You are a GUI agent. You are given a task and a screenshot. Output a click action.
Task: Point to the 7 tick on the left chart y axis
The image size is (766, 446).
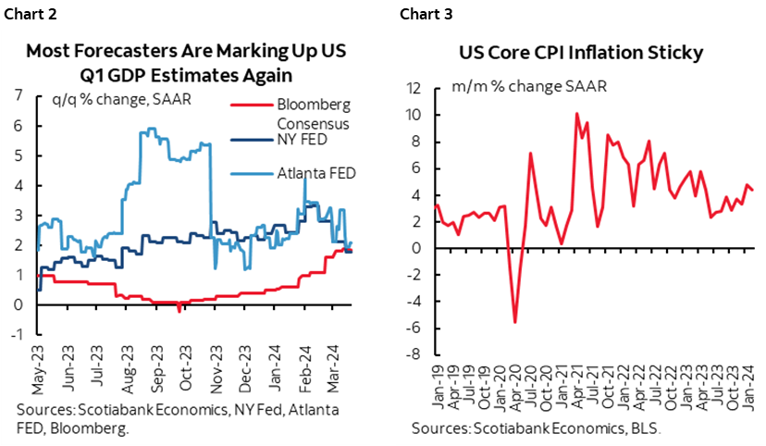tap(19, 94)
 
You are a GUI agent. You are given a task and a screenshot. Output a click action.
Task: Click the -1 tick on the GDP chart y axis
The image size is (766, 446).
tap(17, 334)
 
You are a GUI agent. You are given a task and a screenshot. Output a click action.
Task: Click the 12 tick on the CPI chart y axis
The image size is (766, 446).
tap(414, 89)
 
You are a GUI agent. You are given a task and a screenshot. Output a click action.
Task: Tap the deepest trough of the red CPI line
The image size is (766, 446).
tap(514, 322)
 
